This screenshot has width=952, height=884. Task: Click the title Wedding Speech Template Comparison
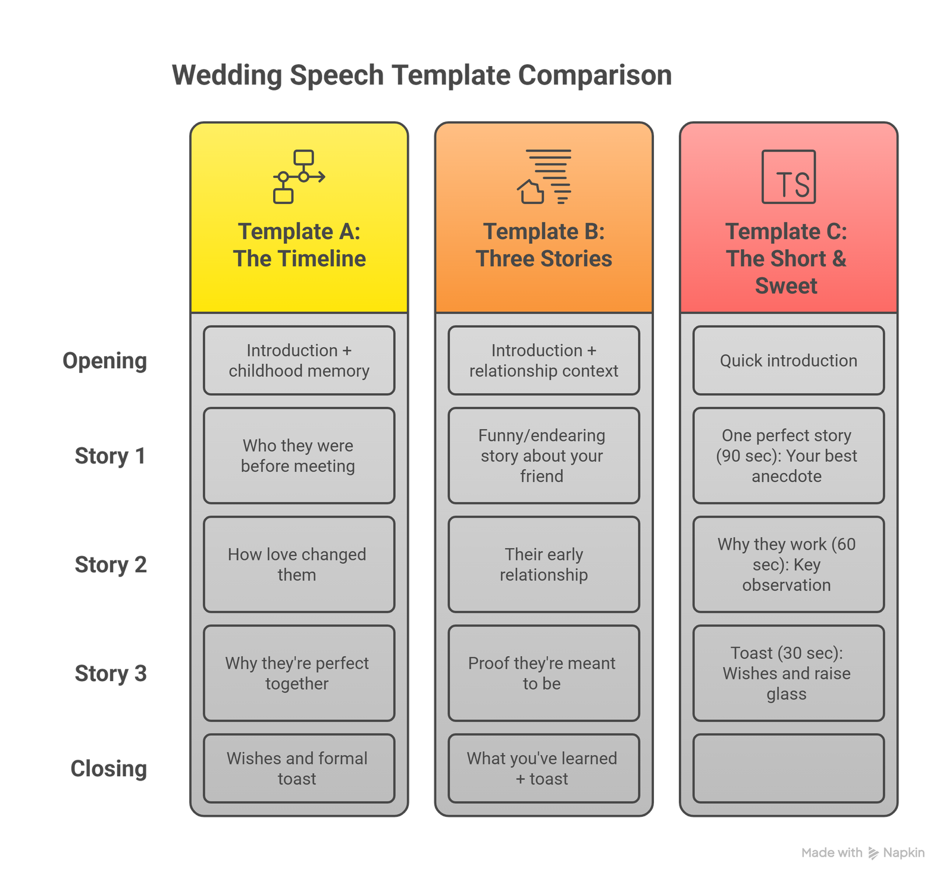coord(422,76)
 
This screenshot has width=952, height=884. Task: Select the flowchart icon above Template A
coord(299,177)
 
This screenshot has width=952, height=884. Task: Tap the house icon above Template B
coord(544,177)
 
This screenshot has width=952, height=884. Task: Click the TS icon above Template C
coord(788,177)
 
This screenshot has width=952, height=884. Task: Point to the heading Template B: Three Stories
coord(544,245)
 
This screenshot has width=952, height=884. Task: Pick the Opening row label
coord(105,361)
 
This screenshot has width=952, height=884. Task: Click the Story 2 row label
coord(111,565)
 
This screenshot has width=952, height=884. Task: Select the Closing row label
coord(109,769)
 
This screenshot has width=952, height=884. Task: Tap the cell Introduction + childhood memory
coord(299,361)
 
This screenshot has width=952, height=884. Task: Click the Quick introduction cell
coord(788,361)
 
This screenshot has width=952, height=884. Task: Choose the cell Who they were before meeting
coord(299,456)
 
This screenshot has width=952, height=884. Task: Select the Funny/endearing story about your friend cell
coord(544,456)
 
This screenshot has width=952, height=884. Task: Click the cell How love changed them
coord(299,565)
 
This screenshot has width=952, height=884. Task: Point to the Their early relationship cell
coord(544,565)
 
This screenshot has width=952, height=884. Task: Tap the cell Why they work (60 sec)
coord(788,565)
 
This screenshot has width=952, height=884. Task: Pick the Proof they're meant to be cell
coord(544,673)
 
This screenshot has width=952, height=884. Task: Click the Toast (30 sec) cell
coord(788,673)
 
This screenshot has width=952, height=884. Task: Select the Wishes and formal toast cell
coord(299,769)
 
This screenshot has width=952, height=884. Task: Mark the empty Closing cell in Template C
coord(788,769)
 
